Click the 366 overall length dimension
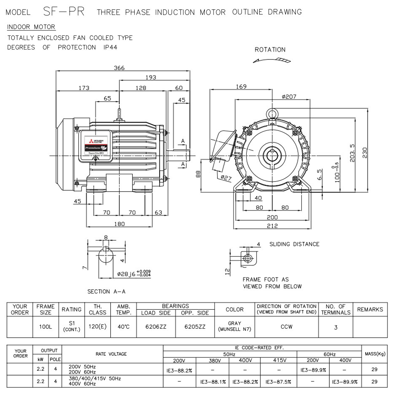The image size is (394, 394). click(119, 68)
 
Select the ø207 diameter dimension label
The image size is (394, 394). click(289, 97)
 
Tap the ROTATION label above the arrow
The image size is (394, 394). click(270, 50)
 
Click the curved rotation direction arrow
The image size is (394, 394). click(272, 60)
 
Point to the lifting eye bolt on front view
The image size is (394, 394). click(272, 113)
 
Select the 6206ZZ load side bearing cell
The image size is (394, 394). click(156, 327)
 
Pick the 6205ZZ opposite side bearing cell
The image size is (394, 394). click(195, 327)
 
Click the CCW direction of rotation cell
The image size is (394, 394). click(286, 327)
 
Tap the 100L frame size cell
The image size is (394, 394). click(46, 327)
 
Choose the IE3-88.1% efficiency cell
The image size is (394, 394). click(213, 381)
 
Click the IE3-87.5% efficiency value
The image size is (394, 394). click(279, 381)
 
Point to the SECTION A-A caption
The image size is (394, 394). click(104, 292)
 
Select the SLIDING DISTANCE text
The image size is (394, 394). click(294, 244)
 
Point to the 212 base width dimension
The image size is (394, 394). click(272, 226)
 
